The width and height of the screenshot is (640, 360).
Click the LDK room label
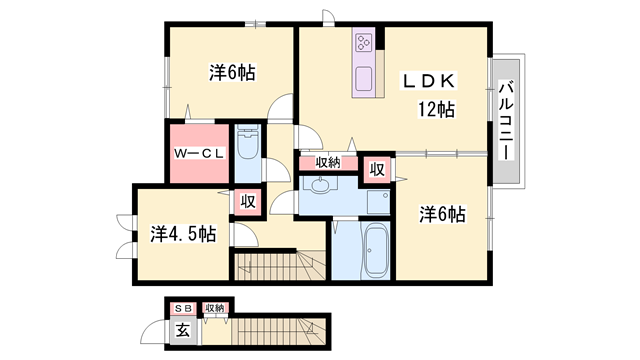(x=429, y=81)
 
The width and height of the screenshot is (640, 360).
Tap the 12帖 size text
(x=436, y=109)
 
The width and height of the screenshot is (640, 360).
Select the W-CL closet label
(x=199, y=154)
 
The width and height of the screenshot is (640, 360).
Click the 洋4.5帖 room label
(x=183, y=234)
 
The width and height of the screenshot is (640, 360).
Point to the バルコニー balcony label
(x=507, y=120)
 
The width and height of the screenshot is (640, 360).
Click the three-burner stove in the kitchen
(x=363, y=42)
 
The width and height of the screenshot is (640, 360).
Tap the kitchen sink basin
(x=363, y=79)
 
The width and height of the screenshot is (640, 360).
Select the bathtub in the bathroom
(x=376, y=250)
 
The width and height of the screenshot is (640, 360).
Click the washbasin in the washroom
(x=322, y=184)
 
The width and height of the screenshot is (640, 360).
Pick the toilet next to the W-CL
(x=247, y=142)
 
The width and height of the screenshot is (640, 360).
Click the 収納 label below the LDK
(x=328, y=162)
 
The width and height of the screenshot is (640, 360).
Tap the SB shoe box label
(x=183, y=309)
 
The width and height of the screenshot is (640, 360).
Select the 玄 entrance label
(x=183, y=330)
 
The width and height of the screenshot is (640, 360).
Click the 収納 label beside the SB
(x=215, y=308)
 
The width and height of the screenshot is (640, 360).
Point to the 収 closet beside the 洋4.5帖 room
(x=248, y=201)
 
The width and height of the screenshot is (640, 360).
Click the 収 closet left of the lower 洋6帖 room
(x=377, y=169)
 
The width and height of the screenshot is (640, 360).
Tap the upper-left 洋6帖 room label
(x=232, y=73)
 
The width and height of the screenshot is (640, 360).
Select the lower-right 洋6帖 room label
(x=442, y=214)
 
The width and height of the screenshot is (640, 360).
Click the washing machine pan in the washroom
(x=378, y=202)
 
